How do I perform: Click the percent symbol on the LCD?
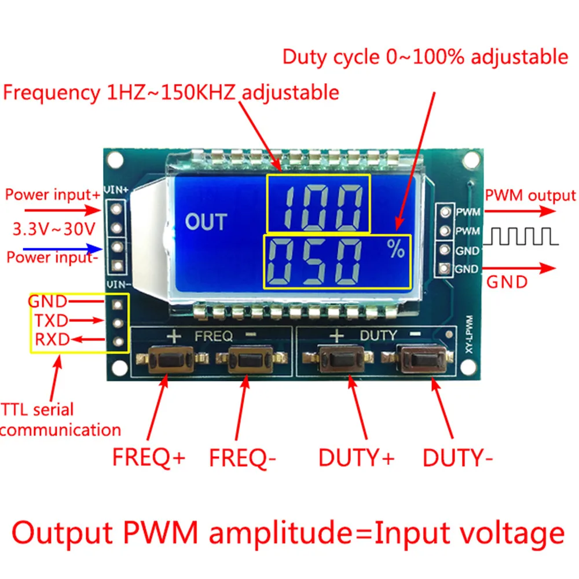point(397,250)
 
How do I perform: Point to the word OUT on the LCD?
point(206,222)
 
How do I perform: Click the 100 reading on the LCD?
point(318,203)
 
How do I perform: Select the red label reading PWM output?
point(531,196)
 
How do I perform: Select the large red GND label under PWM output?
point(507,283)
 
